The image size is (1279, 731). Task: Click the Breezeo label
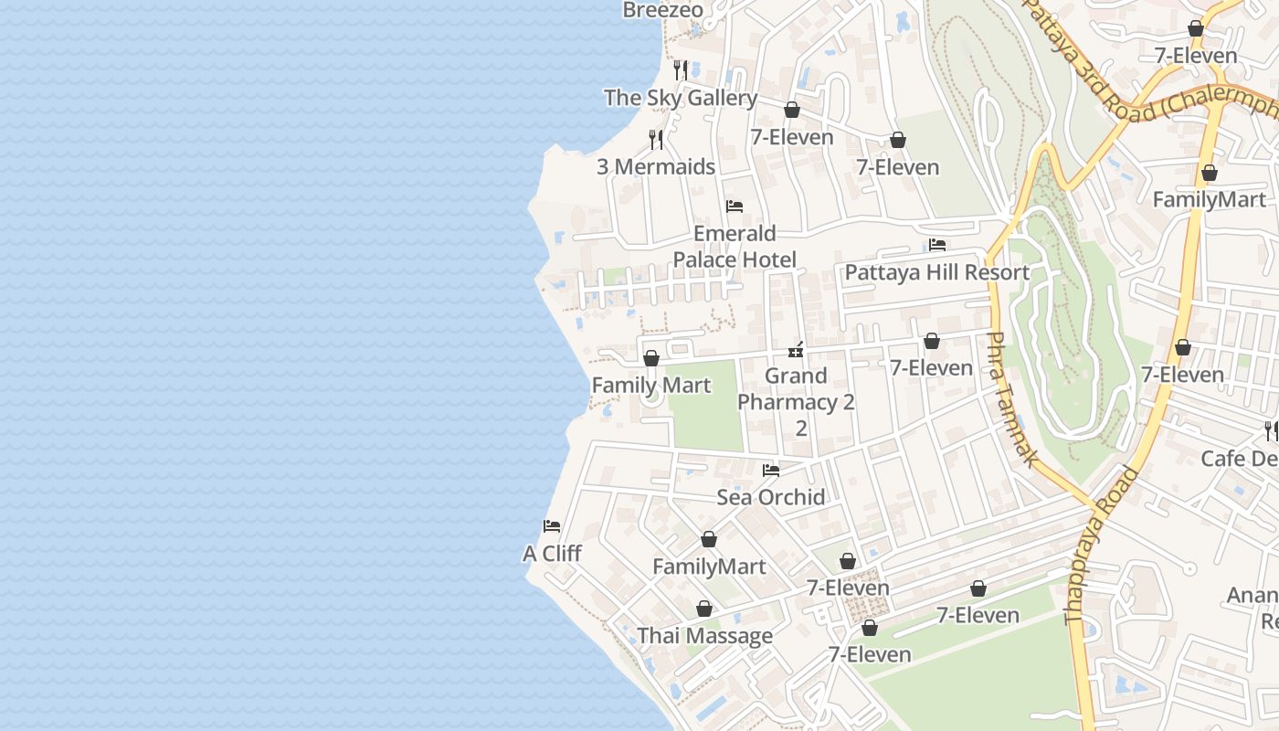(663, 10)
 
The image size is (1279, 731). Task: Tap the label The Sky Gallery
(681, 98)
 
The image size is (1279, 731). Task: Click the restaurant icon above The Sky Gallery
(681, 69)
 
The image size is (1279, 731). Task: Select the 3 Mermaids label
(656, 166)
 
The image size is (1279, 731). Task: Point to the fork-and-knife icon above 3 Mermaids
(656, 139)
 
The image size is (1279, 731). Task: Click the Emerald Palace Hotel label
(735, 246)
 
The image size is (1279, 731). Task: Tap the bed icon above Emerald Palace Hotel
(735, 207)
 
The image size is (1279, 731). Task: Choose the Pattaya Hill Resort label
(937, 272)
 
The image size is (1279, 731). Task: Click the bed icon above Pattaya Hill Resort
(937, 245)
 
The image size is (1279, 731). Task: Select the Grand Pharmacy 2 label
(796, 389)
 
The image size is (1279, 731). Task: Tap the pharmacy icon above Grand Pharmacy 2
(796, 350)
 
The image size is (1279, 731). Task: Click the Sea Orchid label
(771, 497)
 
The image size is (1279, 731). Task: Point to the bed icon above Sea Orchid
(771, 471)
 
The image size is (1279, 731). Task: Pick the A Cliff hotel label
(552, 554)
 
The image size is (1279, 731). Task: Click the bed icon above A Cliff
(552, 526)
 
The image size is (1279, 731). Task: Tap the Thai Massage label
(704, 636)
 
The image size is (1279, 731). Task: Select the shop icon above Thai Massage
(704, 609)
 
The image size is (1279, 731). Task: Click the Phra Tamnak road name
(1013, 398)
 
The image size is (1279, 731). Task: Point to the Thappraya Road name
(1103, 546)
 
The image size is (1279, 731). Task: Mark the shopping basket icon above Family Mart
(651, 358)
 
